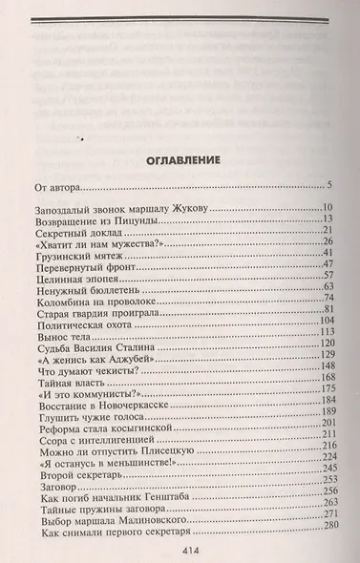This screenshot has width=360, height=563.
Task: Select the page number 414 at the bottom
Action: pos(181,549)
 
